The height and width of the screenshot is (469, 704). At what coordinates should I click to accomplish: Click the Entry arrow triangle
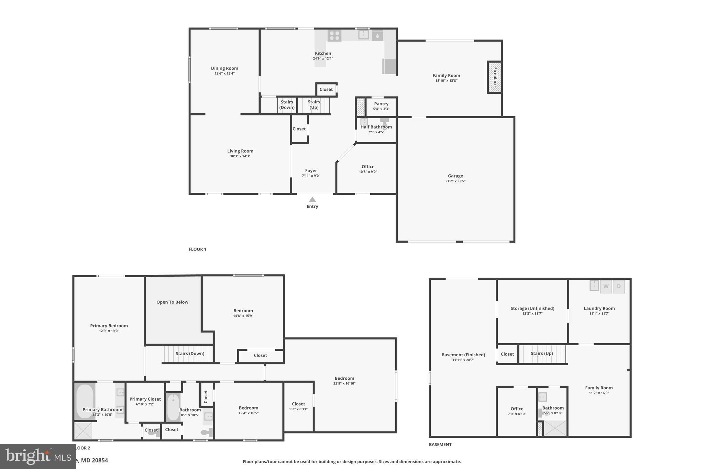tap(312, 199)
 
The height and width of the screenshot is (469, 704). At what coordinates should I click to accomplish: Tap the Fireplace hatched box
tap(494, 77)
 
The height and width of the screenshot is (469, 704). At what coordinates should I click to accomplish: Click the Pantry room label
tap(381, 104)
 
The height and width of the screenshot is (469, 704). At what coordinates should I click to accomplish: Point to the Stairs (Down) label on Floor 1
tap(287, 104)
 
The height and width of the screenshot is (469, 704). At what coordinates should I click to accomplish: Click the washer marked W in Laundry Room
tap(606, 286)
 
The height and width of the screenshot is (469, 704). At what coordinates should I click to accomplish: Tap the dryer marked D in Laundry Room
tap(619, 286)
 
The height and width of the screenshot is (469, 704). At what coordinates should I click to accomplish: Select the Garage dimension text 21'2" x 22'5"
tap(455, 181)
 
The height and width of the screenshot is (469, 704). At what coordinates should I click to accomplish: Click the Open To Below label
tap(172, 302)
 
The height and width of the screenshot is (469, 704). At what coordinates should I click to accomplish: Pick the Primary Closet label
tap(145, 399)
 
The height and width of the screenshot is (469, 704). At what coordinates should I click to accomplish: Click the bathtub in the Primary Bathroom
tap(85, 401)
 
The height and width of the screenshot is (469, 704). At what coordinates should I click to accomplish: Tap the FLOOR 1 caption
tap(197, 249)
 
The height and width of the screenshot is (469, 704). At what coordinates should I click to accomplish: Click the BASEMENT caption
tap(440, 444)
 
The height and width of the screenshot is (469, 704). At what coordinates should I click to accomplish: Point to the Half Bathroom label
tap(376, 127)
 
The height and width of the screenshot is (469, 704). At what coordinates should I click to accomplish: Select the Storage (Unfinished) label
tap(532, 308)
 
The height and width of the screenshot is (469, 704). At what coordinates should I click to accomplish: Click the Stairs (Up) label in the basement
tap(542, 353)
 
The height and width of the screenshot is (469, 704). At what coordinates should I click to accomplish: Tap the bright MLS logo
tap(38, 456)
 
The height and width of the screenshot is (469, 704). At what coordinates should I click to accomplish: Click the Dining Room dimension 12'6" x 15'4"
tap(224, 74)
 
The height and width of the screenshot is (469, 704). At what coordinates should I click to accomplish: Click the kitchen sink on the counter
tap(363, 35)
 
